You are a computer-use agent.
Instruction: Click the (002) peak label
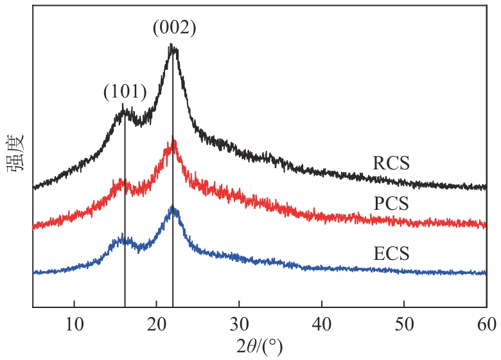[174, 28]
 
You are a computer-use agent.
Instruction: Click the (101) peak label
[125, 92]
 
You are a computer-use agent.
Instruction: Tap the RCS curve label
[391, 164]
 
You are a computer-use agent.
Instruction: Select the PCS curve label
[391, 203]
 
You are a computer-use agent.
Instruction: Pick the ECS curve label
[391, 254]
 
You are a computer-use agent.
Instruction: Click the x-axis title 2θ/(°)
[259, 347]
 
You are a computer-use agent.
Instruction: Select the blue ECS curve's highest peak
[172, 207]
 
